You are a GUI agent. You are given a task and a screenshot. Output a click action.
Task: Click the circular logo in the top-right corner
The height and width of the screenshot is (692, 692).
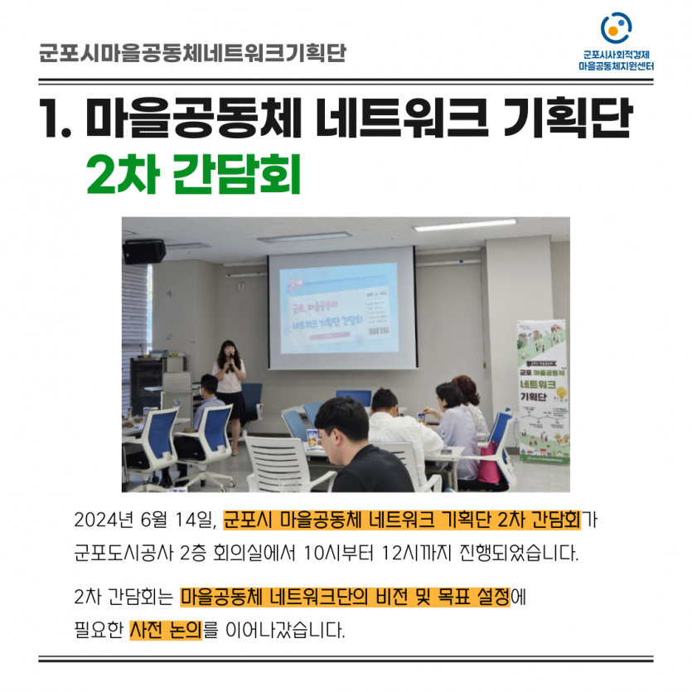[616, 28]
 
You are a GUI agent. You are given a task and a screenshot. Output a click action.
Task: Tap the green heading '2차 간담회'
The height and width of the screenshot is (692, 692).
[193, 173]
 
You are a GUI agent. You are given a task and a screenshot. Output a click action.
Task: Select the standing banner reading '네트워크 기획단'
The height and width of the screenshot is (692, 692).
[541, 390]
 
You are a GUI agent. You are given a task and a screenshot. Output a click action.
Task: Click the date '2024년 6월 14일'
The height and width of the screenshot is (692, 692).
[145, 520]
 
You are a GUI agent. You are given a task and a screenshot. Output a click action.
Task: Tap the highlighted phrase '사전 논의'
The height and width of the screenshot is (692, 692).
[166, 630]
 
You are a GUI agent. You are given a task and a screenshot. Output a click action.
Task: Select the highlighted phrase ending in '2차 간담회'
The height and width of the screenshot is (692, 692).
[402, 520]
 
